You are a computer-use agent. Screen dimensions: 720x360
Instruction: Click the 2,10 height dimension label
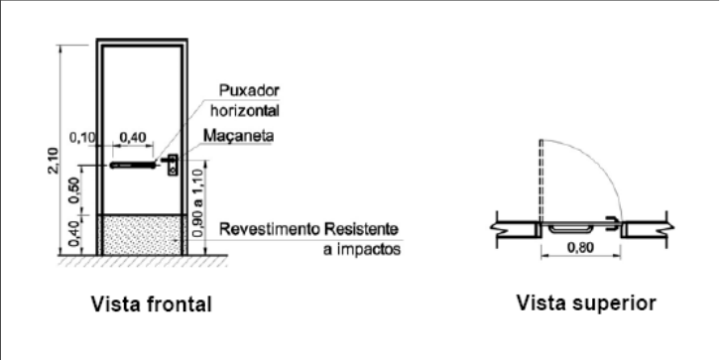pos(53,161)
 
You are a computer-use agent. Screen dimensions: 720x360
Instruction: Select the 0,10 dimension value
pos(81,137)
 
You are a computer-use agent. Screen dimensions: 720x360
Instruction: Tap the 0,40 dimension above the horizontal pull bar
pos(133,137)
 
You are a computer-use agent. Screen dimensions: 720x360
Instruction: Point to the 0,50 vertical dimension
pos(74,189)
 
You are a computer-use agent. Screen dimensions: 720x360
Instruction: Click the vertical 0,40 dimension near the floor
pos(74,233)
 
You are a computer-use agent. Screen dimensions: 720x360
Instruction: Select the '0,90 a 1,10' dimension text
pos(196,203)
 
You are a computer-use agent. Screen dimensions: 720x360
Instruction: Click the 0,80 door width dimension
pos(580,248)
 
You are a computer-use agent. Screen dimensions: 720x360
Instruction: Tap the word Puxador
pos(249,90)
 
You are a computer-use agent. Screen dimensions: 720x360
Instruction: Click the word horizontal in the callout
pos(245,111)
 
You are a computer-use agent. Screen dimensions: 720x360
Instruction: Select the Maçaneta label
pos(239,136)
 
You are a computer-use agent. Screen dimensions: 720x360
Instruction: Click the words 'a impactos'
pos(362,250)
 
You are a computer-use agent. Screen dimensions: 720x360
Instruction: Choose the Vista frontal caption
pos(152,304)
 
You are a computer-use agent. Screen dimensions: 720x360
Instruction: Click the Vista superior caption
pos(586,303)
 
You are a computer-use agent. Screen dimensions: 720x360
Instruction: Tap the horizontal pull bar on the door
pos(133,165)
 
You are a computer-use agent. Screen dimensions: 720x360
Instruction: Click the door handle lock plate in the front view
pos(173,166)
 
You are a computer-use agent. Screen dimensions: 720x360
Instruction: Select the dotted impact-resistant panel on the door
pos(143,235)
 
